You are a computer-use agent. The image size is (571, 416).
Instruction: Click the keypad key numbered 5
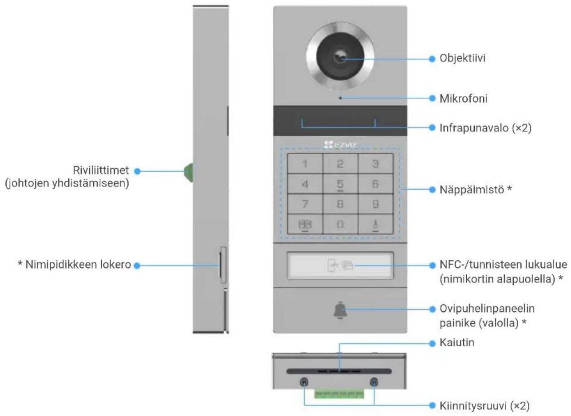[x=340, y=184]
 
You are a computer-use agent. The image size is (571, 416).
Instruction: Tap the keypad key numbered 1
[x=305, y=164]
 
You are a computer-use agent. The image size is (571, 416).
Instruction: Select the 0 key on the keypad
[x=340, y=224]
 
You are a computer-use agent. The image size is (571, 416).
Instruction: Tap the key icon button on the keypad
[x=375, y=224]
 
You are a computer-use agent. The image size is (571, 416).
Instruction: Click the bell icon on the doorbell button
[x=340, y=310]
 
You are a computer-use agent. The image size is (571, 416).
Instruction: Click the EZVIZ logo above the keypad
[x=340, y=145]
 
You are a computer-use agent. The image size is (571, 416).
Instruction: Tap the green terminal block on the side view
[x=189, y=173]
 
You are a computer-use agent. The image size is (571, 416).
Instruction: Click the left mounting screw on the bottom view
[x=304, y=382]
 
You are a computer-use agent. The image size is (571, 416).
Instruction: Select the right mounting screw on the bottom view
[x=374, y=382]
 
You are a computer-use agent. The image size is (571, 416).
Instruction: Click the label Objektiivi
[x=462, y=58]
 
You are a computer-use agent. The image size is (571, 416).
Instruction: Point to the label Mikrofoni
[x=463, y=99]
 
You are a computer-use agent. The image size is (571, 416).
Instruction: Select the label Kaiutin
[x=457, y=343]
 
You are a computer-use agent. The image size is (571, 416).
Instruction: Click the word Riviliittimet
[x=101, y=170]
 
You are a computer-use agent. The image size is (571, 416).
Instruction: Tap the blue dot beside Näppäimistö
[x=432, y=190]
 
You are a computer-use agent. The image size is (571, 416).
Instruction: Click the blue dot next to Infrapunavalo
[x=432, y=127]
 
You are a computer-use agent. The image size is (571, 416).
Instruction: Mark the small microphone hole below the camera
[x=340, y=98]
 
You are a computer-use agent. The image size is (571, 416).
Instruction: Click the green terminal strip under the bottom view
[x=339, y=393]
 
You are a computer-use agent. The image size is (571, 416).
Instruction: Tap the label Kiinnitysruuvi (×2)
[x=484, y=405]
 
